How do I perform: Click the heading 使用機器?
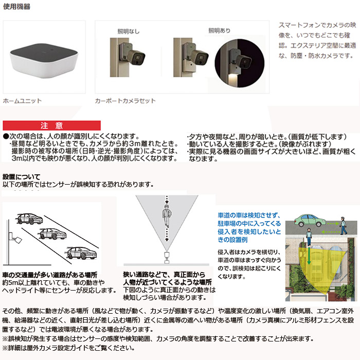click(x=16, y=7)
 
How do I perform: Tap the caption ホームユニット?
click(x=22, y=101)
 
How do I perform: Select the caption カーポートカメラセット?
click(x=125, y=101)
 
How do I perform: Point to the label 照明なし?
click(x=128, y=32)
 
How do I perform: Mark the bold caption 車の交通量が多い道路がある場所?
click(x=50, y=275)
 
